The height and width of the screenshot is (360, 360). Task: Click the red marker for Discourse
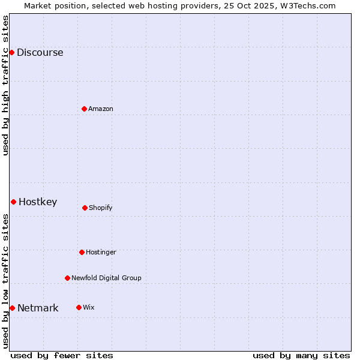click(x=11, y=52)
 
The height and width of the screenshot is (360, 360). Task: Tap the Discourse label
click(x=40, y=52)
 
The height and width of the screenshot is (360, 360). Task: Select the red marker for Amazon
click(x=84, y=109)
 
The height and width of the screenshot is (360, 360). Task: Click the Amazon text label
click(x=101, y=109)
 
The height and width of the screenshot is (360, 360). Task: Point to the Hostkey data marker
click(x=13, y=202)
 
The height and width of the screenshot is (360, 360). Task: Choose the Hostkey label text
click(x=38, y=202)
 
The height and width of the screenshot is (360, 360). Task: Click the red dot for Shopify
click(x=85, y=208)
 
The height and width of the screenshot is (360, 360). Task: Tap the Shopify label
click(x=100, y=208)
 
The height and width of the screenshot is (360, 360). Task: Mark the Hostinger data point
click(x=82, y=252)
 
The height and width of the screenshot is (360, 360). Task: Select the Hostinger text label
click(x=101, y=252)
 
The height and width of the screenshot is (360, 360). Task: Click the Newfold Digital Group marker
click(x=67, y=278)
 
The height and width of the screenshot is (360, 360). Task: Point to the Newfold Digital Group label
click(x=106, y=278)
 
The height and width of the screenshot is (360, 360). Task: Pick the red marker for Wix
click(x=79, y=307)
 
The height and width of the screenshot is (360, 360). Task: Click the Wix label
click(x=89, y=307)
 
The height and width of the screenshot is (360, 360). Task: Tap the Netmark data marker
click(x=12, y=308)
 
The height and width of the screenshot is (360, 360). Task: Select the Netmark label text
click(x=38, y=308)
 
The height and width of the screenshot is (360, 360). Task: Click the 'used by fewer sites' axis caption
click(x=62, y=355)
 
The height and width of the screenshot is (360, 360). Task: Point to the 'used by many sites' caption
click(x=301, y=355)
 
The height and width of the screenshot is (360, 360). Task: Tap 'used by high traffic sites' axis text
click(x=5, y=85)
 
